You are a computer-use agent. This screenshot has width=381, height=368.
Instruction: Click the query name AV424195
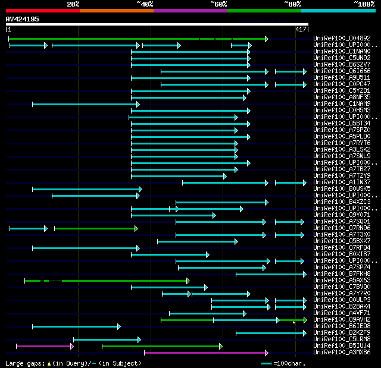point(23,19)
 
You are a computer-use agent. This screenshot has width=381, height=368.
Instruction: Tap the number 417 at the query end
point(301,29)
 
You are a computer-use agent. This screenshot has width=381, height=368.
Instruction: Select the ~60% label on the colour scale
point(218,4)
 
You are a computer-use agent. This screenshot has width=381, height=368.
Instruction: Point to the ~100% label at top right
point(364,4)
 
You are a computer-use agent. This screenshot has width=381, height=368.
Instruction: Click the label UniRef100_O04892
point(342,39)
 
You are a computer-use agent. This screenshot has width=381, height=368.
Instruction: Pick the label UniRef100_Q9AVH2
point(342,320)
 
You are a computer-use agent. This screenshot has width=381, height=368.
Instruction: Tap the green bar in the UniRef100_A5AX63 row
point(107,281)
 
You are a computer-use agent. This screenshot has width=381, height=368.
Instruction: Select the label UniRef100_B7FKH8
point(342,274)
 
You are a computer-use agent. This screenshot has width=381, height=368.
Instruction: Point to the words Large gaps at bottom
point(24,363)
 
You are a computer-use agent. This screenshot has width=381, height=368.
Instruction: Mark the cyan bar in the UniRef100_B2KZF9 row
point(271,333)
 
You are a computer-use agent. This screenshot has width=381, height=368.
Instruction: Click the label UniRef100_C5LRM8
point(342,339)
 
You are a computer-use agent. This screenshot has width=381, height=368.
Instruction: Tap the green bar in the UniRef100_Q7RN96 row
point(96,228)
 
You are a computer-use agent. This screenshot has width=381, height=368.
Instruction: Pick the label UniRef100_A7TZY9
point(342,176)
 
